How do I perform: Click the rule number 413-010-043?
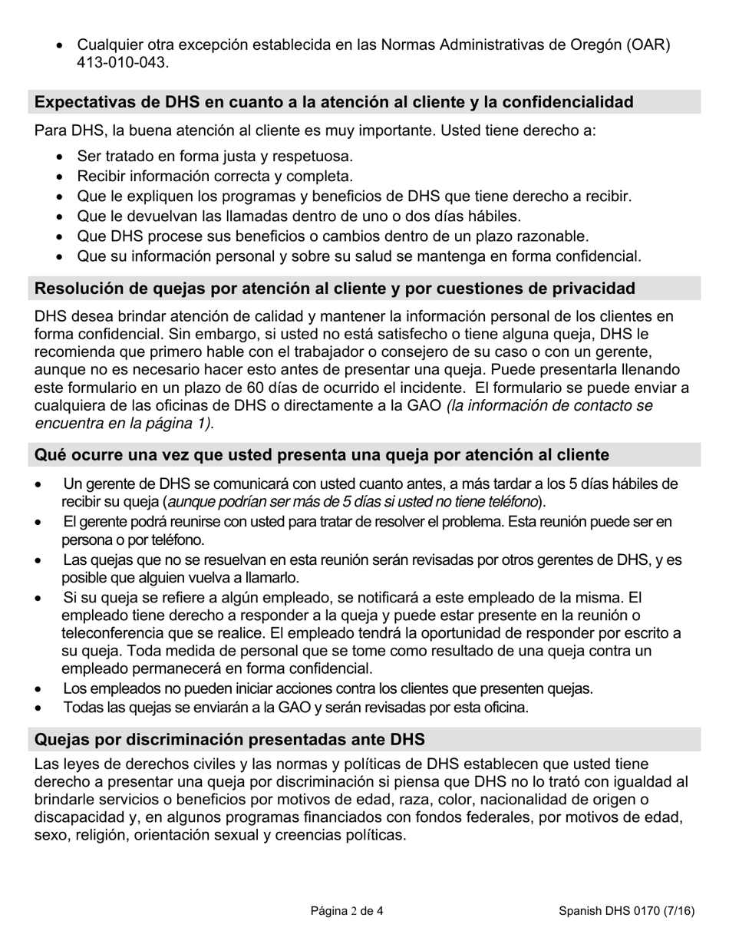(x=121, y=63)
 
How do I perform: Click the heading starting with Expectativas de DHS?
(x=335, y=102)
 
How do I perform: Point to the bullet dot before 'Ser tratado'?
(x=61, y=157)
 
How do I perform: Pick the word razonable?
(x=549, y=236)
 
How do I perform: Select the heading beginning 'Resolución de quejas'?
(x=335, y=289)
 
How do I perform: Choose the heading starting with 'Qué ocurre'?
(x=322, y=455)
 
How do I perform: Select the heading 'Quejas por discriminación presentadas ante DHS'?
(x=230, y=740)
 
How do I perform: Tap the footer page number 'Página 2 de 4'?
(x=347, y=912)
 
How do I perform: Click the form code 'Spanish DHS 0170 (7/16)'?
(x=626, y=912)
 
